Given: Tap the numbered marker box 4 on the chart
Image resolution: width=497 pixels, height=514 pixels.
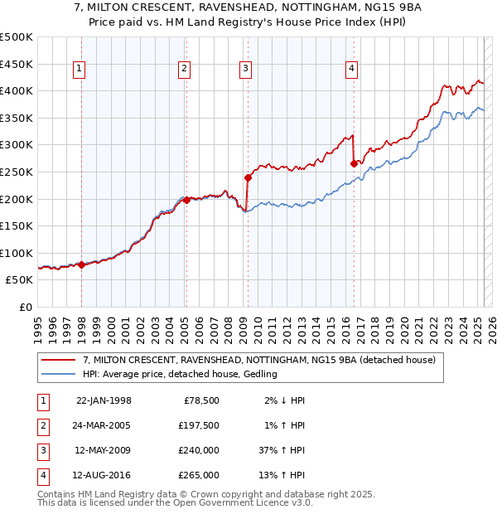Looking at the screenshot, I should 352,70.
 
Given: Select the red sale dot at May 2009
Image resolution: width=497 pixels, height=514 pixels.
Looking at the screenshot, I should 248,177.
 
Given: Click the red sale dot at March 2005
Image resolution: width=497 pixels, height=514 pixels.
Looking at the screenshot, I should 186,200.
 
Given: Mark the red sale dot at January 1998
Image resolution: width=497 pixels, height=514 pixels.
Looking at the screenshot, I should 82,264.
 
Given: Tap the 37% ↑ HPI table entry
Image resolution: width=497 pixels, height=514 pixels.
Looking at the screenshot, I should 282,450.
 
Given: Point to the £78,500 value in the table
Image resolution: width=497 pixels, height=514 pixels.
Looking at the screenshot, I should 200,400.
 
